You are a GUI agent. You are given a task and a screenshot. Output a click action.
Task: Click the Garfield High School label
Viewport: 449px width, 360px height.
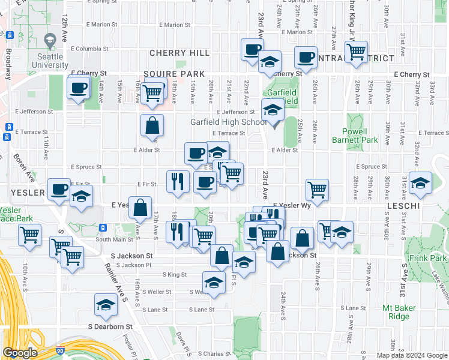228,122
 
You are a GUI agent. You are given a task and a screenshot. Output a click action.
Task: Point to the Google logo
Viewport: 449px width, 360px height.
20,353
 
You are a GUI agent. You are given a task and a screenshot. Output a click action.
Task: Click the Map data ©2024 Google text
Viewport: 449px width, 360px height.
412,355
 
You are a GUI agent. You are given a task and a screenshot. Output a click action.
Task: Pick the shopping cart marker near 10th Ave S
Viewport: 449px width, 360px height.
29,235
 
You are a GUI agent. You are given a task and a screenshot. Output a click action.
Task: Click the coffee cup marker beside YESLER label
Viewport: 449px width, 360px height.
59,190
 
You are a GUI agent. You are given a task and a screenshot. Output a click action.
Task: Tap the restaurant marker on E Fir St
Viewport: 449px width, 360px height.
178,181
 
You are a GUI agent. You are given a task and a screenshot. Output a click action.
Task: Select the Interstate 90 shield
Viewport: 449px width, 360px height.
60,350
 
